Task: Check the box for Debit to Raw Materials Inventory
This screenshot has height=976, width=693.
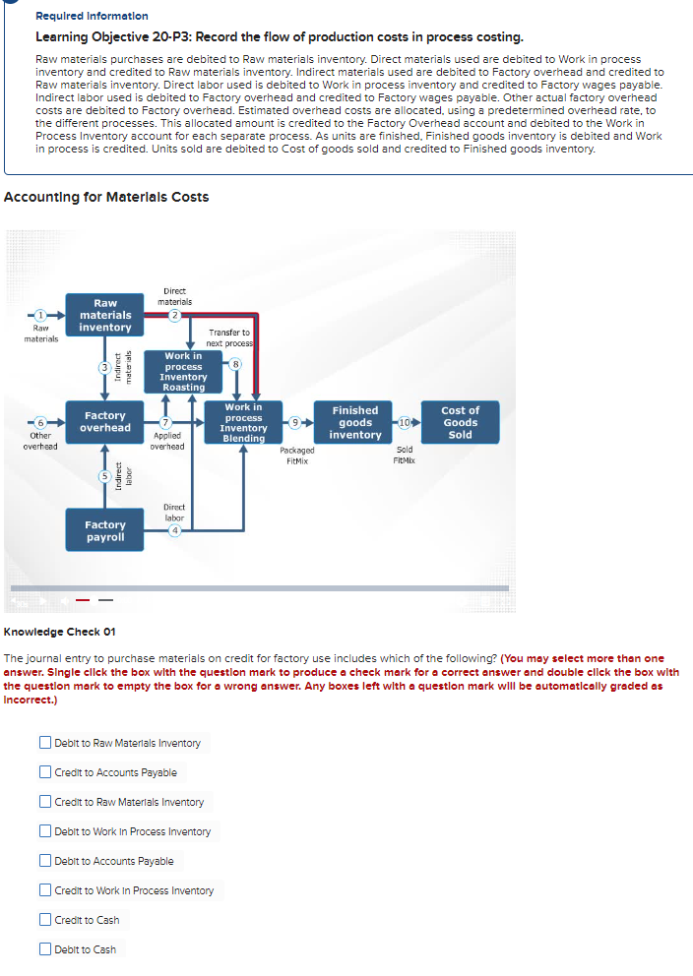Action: pyautogui.click(x=46, y=743)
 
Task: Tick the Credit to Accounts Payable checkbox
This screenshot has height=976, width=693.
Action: pyautogui.click(x=46, y=772)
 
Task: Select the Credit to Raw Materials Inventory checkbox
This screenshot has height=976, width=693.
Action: pyautogui.click(x=46, y=802)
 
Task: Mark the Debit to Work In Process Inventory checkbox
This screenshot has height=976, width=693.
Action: pyautogui.click(x=46, y=831)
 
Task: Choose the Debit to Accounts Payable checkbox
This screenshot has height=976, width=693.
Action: pyautogui.click(x=46, y=861)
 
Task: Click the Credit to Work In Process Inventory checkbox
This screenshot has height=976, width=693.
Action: pyautogui.click(x=46, y=890)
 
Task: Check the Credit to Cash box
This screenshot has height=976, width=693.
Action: pyautogui.click(x=46, y=920)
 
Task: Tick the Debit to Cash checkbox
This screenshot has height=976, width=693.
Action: pyautogui.click(x=46, y=949)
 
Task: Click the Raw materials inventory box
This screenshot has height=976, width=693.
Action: pyautogui.click(x=105, y=316)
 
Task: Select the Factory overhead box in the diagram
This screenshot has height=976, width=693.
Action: pyautogui.click(x=105, y=422)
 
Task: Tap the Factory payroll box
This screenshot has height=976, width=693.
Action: pyautogui.click(x=105, y=531)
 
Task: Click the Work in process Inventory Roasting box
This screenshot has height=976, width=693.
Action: pyautogui.click(x=184, y=372)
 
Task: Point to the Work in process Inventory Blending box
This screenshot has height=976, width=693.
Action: pyautogui.click(x=243, y=423)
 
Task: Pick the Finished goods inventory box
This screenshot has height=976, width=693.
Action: pyautogui.click(x=355, y=423)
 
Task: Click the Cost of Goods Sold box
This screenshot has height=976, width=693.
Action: pyautogui.click(x=460, y=423)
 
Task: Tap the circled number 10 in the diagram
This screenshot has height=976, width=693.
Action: pyautogui.click(x=404, y=423)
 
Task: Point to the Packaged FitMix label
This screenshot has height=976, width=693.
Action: pyautogui.click(x=297, y=455)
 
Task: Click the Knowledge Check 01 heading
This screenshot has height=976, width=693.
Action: pyautogui.click(x=60, y=632)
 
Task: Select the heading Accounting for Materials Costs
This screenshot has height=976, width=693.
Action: pyautogui.click(x=106, y=197)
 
